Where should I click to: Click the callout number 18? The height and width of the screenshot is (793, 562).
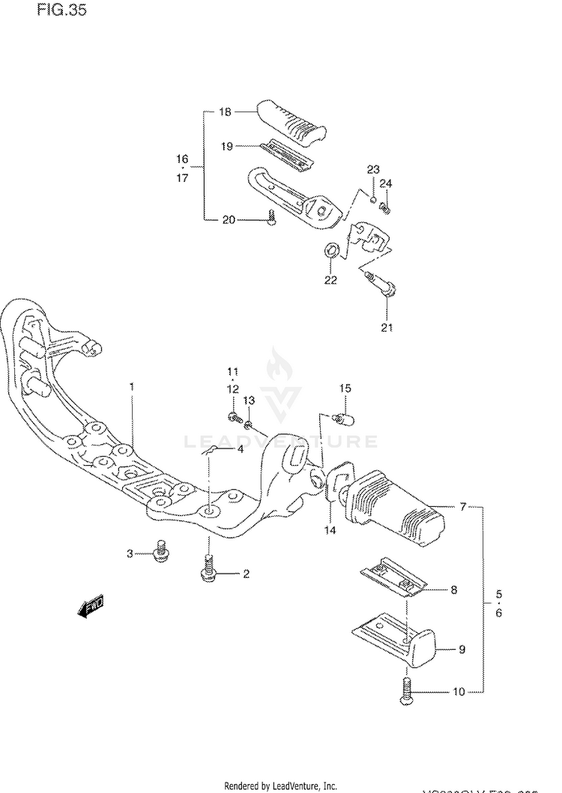[x=226, y=112]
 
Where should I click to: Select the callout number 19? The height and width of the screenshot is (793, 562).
[x=227, y=147]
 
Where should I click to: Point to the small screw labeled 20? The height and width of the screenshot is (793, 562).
[x=272, y=218]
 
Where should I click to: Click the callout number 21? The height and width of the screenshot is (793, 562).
[x=387, y=327]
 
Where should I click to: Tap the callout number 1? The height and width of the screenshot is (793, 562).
[x=132, y=386]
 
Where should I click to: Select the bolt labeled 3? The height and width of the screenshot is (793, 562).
[x=158, y=552]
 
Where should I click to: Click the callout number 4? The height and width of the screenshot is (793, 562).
[x=240, y=449]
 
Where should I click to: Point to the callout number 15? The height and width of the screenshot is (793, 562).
[x=345, y=388]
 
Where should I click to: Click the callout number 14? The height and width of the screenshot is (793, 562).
[x=330, y=530]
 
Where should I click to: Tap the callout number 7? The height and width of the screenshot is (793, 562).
[x=463, y=507]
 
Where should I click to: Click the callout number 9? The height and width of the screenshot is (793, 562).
[x=462, y=649]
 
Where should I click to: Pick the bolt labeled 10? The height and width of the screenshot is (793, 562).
[x=406, y=690]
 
